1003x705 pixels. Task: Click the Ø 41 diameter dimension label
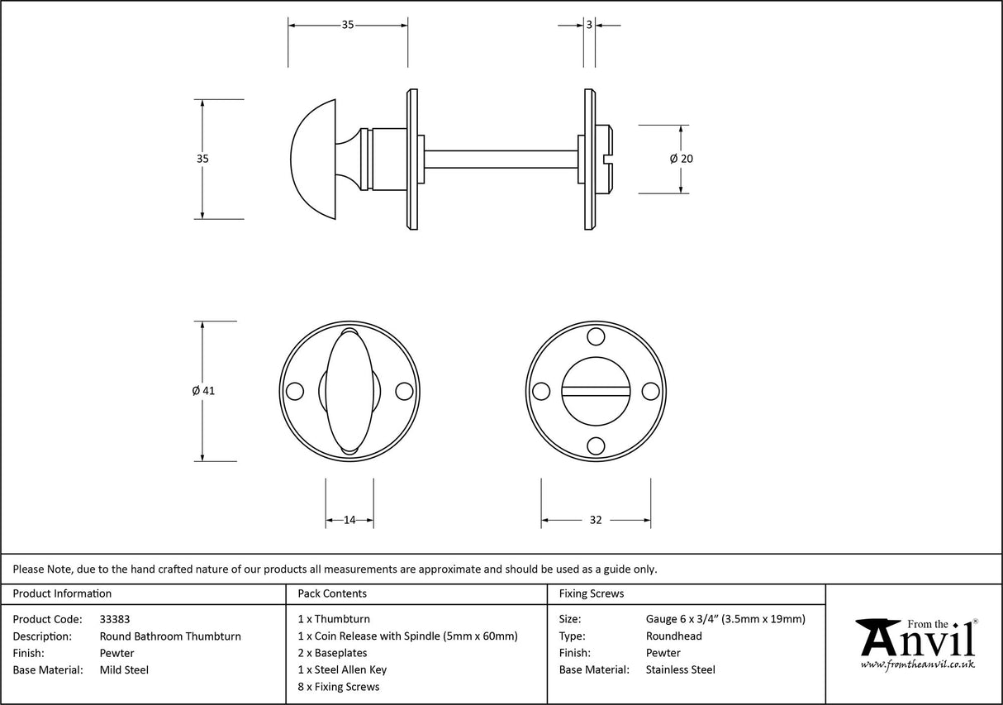point(202,391)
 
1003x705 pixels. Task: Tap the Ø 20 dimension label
point(681,159)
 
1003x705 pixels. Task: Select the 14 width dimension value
point(349,520)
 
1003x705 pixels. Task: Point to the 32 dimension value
point(596,520)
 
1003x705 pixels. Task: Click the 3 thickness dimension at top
point(589,26)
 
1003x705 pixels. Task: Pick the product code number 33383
point(115,618)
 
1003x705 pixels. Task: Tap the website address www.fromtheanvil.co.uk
point(917,664)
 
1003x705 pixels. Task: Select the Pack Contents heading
point(332,593)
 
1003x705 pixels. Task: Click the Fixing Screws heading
point(592,593)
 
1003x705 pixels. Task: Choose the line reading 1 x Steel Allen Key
point(342,669)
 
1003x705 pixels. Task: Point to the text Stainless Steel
point(681,669)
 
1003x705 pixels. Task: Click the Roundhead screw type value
point(674,636)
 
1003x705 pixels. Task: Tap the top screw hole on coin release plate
point(595,336)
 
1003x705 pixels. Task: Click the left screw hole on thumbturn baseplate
point(293,391)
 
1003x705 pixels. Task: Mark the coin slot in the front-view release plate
point(595,389)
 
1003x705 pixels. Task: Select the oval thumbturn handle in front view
point(349,391)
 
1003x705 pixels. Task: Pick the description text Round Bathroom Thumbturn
point(170,636)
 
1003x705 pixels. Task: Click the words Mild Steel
point(124,669)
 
